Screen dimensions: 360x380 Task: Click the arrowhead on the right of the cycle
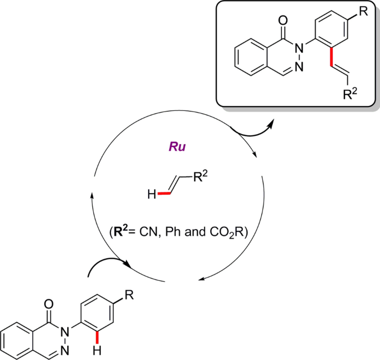click(255, 158)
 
